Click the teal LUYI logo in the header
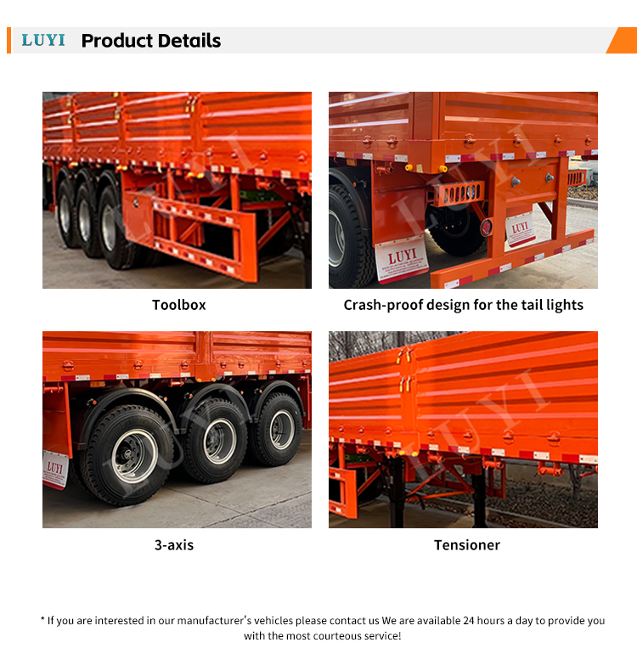coord(43,40)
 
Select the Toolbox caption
coord(179,305)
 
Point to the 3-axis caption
coord(174,545)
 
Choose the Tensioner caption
coord(467,545)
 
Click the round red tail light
coord(486,228)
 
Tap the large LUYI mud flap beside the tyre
coord(401,260)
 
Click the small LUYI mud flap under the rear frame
coord(520,229)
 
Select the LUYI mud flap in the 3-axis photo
coord(55,470)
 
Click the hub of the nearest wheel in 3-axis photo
coord(134,456)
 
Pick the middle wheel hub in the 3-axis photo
coord(220,441)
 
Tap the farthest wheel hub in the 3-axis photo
coord(282,430)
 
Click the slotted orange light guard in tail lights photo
coord(459,194)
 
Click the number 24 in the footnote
coord(469,621)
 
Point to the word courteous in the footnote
coord(331,636)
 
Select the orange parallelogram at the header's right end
coord(622,40)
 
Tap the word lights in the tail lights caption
coord(565,305)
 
